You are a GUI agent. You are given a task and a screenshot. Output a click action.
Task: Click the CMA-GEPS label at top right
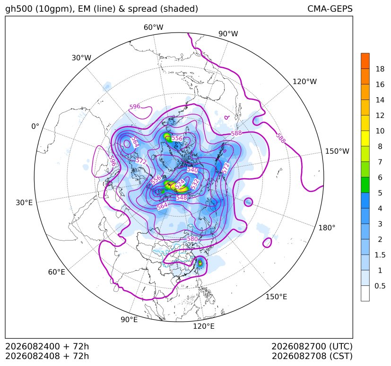tap(330, 8)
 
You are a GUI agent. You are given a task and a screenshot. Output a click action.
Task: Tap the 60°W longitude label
tap(153, 27)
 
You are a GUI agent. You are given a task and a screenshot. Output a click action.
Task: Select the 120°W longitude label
tap(304, 82)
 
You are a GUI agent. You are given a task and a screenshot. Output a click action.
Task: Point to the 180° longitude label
tap(327, 228)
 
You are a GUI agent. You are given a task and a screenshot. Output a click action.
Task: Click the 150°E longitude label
tap(276, 297)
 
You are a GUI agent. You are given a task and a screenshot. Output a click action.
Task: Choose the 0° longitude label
tap(35, 126)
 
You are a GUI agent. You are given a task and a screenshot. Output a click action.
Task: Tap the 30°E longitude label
tap(24, 202)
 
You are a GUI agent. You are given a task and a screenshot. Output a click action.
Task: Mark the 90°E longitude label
tap(129, 319)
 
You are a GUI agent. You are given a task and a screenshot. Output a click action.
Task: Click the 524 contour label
tap(180, 184)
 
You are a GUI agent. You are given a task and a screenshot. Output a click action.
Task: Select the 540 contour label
tap(192, 170)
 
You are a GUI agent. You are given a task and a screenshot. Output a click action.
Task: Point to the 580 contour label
tap(192, 239)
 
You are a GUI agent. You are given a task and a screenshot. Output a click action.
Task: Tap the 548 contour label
tap(182, 198)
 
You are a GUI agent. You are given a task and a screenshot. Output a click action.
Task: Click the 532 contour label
tap(195, 183)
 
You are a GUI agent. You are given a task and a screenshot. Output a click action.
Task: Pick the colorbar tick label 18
tap(380, 69)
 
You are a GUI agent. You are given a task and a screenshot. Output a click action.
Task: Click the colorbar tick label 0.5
tap(380, 286)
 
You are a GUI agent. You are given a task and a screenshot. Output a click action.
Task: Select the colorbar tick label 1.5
tap(380, 255)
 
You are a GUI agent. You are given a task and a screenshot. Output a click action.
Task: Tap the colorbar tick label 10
tap(380, 131)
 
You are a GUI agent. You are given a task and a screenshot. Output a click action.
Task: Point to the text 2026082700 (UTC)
tap(312, 346)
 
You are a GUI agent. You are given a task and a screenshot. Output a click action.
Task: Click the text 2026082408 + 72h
tap(47, 356)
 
